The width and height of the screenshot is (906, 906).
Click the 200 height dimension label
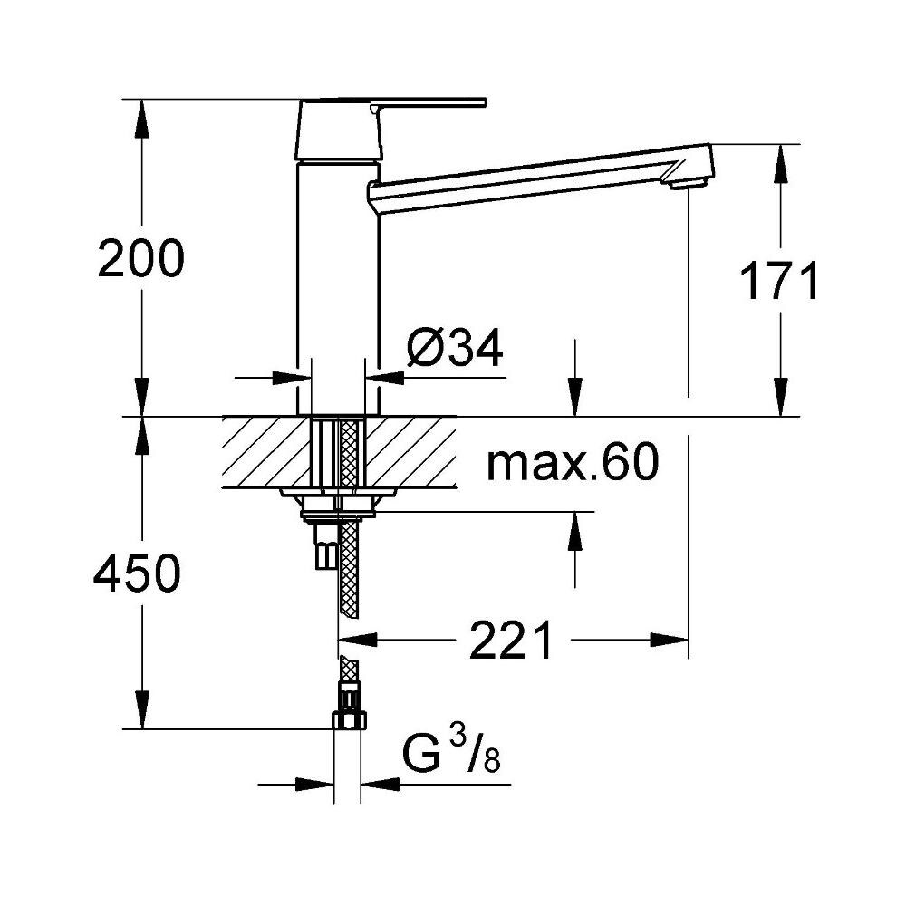[141, 258]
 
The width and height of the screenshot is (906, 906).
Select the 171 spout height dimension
[779, 282]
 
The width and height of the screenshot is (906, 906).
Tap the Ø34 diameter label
[455, 349]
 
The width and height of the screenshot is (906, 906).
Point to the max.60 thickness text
[572, 462]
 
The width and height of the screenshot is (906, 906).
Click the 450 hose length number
[137, 573]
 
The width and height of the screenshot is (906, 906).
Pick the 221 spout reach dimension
[511, 641]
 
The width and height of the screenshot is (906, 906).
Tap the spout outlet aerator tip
[687, 184]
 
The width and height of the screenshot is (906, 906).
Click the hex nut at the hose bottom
[349, 720]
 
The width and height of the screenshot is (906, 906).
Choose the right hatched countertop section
[410, 452]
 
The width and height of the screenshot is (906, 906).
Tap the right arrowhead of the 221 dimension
[670, 641]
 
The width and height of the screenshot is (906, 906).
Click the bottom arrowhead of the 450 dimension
[141, 709]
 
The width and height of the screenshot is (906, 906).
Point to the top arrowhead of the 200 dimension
[141, 119]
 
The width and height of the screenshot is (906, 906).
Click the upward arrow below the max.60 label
[574, 532]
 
